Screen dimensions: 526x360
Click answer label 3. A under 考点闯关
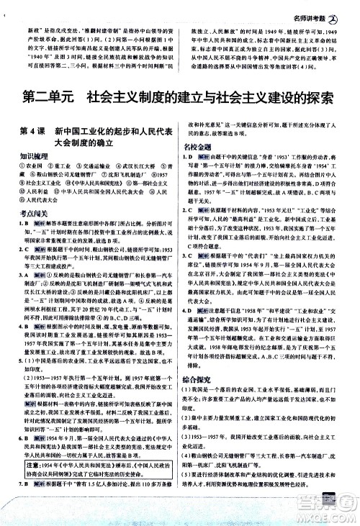point(24,314)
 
